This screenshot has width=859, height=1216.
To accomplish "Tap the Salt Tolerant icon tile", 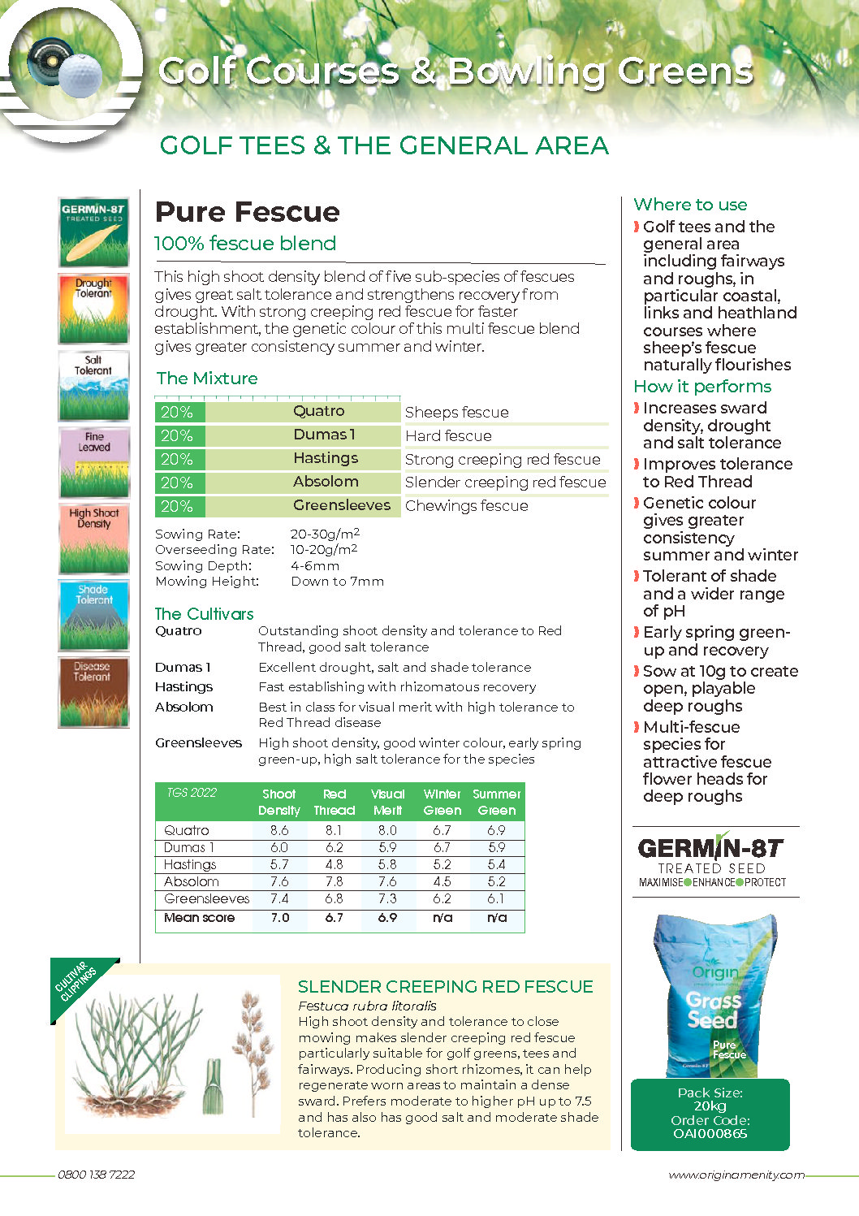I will tap(93, 386).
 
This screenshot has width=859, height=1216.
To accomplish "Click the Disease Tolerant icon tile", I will tap(93, 692).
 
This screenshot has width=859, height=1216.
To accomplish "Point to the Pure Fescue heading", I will tap(248, 212).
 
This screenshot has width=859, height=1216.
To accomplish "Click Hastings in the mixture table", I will tap(325, 458).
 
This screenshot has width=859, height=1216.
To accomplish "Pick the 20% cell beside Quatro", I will tap(177, 412).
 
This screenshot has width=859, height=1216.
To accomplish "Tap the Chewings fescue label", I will tap(466, 506).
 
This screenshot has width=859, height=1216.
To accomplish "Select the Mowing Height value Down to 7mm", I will tap(337, 582).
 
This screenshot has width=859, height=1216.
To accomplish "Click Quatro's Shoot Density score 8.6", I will tap(279, 830).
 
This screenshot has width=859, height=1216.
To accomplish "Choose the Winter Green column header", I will tap(442, 802).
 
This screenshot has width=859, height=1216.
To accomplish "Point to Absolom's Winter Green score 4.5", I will tap(442, 881).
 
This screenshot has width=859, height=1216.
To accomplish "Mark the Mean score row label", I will tap(199, 918).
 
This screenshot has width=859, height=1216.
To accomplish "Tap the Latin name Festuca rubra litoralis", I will tap(367, 1006).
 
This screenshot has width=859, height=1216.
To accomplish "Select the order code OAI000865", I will tap(710, 1134).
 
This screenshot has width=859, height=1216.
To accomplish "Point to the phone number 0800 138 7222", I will tap(96, 1175).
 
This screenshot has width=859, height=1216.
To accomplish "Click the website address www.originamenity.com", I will tap(736, 1175).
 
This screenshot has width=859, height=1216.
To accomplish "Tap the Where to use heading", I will tap(690, 205).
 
